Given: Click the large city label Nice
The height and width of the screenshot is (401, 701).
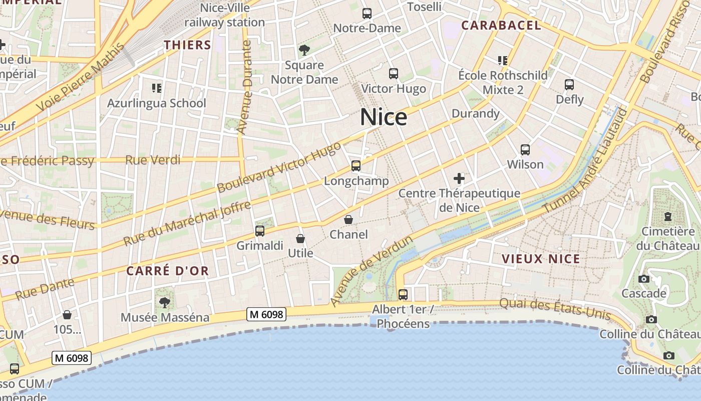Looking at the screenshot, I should click(384, 117).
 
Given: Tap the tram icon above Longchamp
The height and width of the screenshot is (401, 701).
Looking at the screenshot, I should click(356, 166).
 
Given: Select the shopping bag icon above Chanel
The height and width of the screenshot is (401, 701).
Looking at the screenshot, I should click(348, 220).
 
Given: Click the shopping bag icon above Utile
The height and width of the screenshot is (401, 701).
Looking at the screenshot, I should click(300, 239).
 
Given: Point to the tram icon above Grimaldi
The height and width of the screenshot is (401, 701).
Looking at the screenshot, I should click(259, 231).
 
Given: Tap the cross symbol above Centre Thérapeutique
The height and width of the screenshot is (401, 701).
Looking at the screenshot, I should click(459, 178).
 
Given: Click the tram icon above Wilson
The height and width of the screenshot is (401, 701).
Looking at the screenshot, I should click(525, 149).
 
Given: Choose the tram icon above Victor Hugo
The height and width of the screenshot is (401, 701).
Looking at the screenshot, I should click(394, 74).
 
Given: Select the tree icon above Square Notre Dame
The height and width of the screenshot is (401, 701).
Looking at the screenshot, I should click(304, 50).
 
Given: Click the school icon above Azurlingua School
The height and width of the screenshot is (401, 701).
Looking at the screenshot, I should click(157, 88).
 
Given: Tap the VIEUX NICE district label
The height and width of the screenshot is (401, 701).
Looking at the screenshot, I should click(541, 259).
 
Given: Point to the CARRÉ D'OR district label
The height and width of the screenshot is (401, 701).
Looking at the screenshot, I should click(167, 271).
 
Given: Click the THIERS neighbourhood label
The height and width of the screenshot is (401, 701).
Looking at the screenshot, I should click(188, 45).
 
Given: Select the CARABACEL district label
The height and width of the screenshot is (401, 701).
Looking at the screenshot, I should click(501, 26).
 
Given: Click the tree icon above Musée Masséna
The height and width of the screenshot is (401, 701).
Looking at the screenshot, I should click(164, 303).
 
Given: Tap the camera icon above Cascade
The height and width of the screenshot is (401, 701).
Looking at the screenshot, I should click(644, 279).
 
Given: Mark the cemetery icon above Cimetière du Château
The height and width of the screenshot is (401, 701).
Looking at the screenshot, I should click(667, 217).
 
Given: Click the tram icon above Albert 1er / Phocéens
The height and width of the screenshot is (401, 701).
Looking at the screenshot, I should click(403, 294).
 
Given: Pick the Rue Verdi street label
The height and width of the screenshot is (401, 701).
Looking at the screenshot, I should click(153, 160).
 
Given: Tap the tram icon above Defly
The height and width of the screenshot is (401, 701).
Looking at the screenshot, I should click(569, 84).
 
